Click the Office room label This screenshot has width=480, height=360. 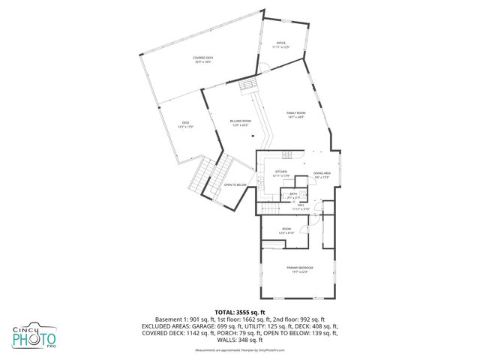(x=281, y=45)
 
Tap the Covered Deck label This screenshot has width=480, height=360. (x=202, y=59)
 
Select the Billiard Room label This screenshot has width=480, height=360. (x=241, y=121)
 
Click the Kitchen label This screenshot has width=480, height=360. (x=281, y=173)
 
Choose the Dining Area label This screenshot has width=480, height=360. (x=322, y=174)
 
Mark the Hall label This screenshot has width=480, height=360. (x=300, y=205)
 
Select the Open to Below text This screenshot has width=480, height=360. (x=235, y=184)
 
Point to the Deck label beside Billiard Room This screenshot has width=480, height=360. (x=185, y=124)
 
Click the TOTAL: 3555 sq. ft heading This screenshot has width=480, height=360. (x=240, y=311)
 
